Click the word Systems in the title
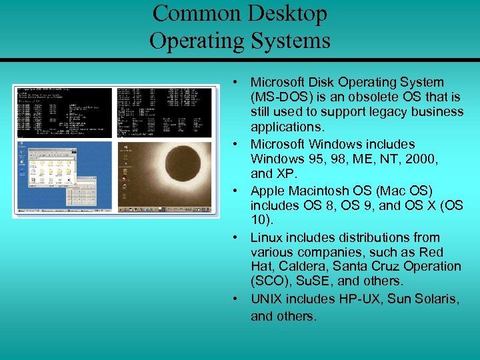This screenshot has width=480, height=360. [x=290, y=41]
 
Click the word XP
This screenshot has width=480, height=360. [x=283, y=173]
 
